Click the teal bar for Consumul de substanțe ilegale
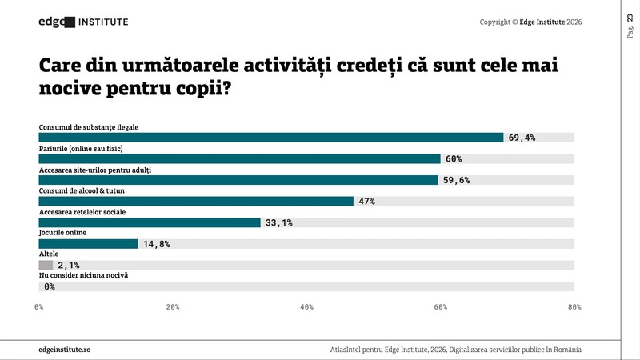[271, 138]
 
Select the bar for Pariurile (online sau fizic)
[239, 158]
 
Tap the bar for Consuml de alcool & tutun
[196, 202]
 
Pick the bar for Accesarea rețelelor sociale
[150, 222]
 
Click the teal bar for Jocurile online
[88, 244]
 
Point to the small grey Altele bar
[46, 266]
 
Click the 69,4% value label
[522, 138]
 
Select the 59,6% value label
[456, 180]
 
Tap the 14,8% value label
[156, 244]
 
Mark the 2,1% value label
[69, 266]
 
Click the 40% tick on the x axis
[306, 307]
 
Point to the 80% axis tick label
[574, 307]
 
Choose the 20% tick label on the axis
[173, 307]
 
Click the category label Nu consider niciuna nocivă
[83, 275]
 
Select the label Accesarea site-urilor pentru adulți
[94, 170]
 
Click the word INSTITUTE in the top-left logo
[103, 22]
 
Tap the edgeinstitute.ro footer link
[65, 350]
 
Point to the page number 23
[630, 18]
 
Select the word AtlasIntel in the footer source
[345, 350]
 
